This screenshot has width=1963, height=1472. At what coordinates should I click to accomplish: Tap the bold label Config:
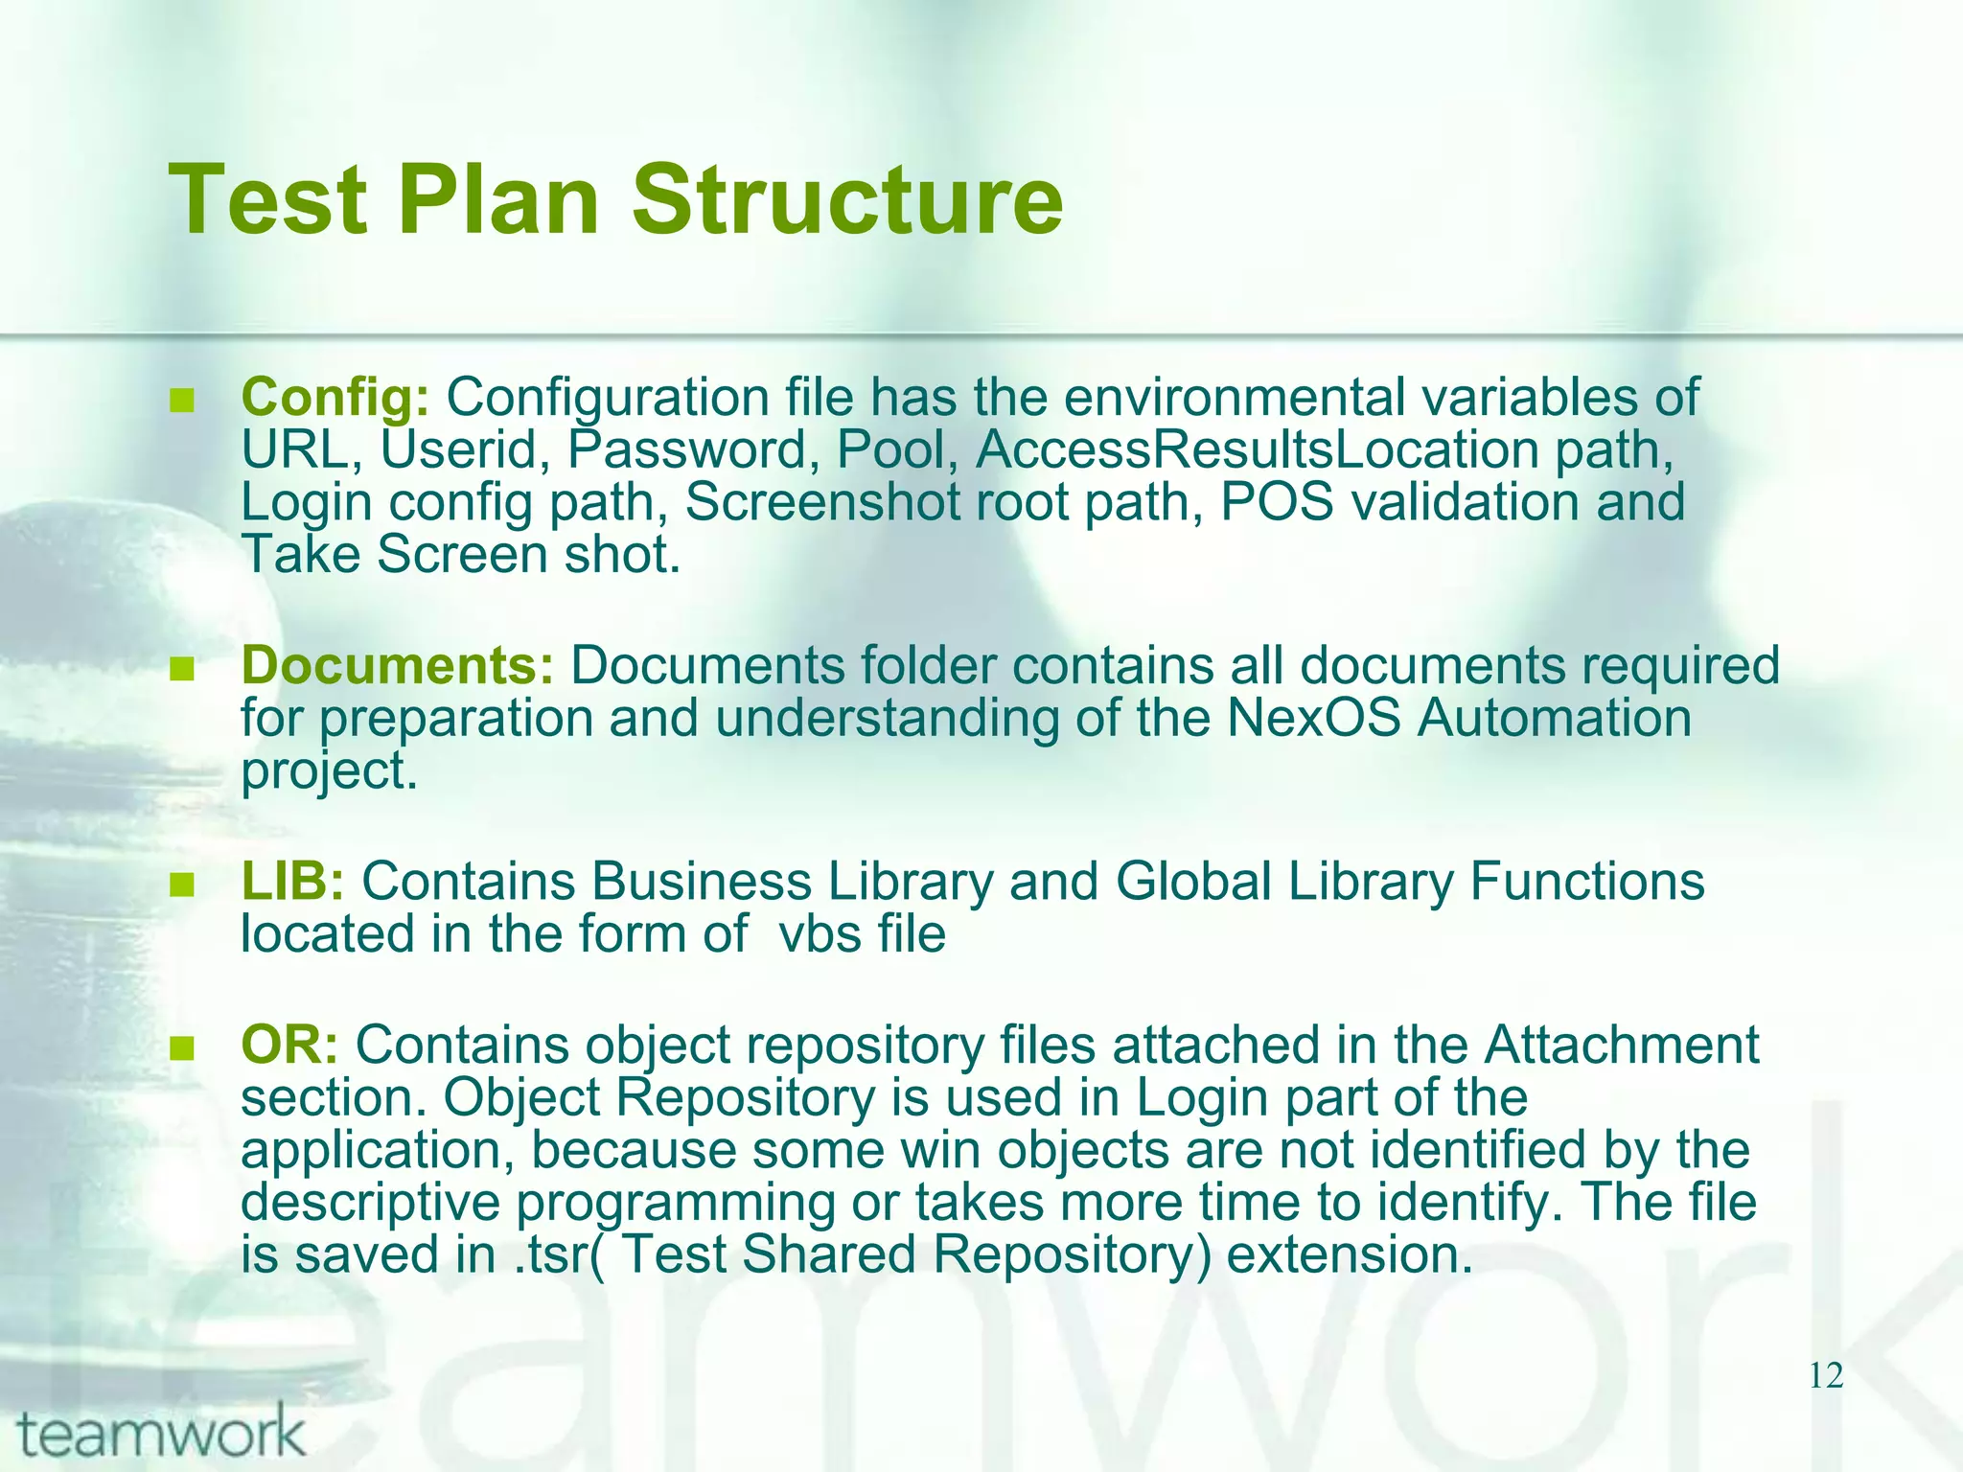(335, 397)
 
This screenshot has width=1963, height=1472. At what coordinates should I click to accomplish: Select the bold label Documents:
(397, 665)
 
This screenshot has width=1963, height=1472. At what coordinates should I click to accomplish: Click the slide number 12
(1826, 1376)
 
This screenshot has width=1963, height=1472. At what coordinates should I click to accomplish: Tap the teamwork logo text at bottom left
(161, 1434)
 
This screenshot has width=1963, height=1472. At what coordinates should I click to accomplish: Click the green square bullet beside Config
(181, 400)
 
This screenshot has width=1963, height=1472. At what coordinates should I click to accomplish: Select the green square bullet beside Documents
(181, 668)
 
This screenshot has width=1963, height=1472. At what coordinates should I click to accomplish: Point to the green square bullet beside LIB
(181, 884)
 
